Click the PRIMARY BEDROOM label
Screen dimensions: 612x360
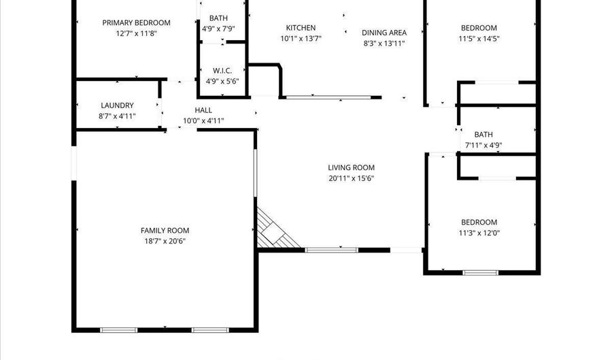click(x=136, y=22)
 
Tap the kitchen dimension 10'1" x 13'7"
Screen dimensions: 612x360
click(x=301, y=39)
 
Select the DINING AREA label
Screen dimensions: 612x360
click(x=384, y=33)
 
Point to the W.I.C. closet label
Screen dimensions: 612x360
click(x=222, y=71)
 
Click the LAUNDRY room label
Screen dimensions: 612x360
click(x=117, y=105)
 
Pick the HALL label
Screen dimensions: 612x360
click(x=203, y=110)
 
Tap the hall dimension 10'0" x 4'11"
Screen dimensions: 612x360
click(x=203, y=121)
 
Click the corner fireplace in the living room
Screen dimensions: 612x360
click(x=275, y=231)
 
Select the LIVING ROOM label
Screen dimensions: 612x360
click(x=352, y=168)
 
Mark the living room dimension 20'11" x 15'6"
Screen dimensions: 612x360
click(x=352, y=178)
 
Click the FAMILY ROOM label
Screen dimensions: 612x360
click(x=165, y=231)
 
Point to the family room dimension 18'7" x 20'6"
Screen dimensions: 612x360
click(x=165, y=242)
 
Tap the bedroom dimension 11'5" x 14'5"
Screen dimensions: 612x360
click(x=479, y=39)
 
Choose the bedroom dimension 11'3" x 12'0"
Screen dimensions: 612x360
click(x=479, y=233)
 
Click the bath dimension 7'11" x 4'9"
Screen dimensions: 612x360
click(x=483, y=145)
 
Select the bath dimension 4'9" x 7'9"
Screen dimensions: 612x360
click(x=218, y=29)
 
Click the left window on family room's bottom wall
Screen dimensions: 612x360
click(x=118, y=330)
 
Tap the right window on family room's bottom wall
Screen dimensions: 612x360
click(x=210, y=330)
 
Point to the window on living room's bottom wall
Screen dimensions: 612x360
click(x=331, y=250)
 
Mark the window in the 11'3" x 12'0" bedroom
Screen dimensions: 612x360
click(x=481, y=272)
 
